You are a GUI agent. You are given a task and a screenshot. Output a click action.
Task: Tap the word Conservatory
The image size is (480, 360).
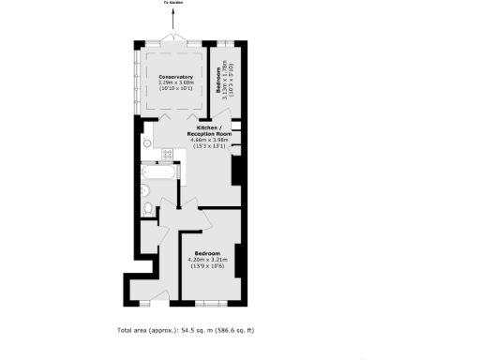click(x=176, y=77)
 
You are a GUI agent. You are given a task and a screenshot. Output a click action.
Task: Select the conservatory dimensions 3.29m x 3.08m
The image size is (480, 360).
click(x=176, y=82)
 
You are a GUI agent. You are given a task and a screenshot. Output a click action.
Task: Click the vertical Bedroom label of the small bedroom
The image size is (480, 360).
click(x=217, y=76)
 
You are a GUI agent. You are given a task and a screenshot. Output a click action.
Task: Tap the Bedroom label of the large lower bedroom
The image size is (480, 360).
click(x=208, y=254)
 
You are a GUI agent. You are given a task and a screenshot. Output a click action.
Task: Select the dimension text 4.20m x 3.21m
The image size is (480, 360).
click(x=208, y=260)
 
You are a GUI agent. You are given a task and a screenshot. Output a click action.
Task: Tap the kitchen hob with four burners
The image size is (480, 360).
click(x=170, y=154)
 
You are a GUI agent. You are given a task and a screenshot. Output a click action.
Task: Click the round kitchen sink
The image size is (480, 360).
click(x=149, y=142)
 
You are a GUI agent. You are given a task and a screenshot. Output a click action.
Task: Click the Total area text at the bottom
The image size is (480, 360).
click(x=186, y=330)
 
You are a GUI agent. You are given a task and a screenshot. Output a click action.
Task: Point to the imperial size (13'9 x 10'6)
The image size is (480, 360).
click(x=208, y=266)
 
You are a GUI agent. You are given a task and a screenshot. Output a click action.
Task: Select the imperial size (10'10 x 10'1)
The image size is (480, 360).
click(x=176, y=89)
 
